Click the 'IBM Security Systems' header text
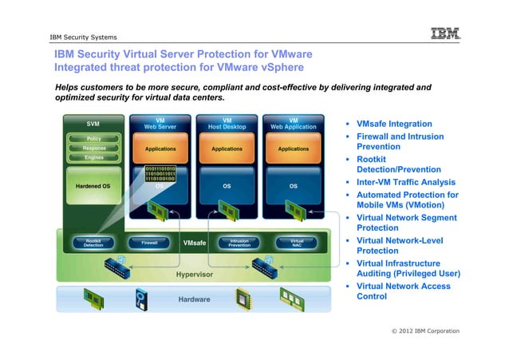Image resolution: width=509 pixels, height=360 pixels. (x=83, y=38)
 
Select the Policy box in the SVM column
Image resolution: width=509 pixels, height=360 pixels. (x=94, y=139)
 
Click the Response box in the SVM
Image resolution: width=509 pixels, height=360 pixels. (x=94, y=148)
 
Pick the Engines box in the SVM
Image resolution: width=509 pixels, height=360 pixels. (x=94, y=158)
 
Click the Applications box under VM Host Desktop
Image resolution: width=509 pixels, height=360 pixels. (x=227, y=149)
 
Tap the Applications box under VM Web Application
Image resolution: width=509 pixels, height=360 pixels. (x=294, y=149)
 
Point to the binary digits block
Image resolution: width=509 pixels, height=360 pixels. (x=160, y=174)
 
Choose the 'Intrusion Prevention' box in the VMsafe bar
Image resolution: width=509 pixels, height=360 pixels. (x=239, y=242)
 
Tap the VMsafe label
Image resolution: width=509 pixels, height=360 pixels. (x=195, y=243)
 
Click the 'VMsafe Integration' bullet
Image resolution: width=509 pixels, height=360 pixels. (x=394, y=125)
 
